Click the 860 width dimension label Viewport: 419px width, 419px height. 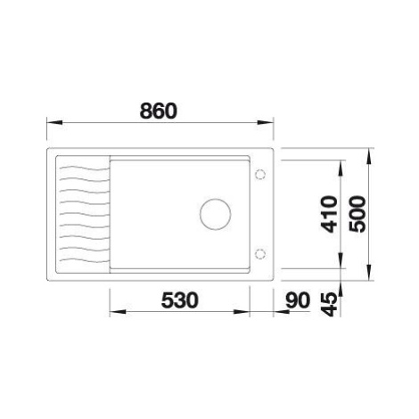click(159, 111)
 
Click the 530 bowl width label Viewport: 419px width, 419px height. click(179, 300)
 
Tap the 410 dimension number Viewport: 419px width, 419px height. click(330, 214)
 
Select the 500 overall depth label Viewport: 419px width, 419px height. click(357, 214)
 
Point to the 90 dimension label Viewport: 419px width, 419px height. click(298, 300)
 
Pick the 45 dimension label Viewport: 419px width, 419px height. click(331, 304)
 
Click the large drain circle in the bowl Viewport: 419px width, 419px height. click(216, 214)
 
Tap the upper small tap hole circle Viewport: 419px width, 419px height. click(260, 174)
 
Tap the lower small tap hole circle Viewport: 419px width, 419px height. click(260, 254)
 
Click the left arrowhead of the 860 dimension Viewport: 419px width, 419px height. click(54, 122)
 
